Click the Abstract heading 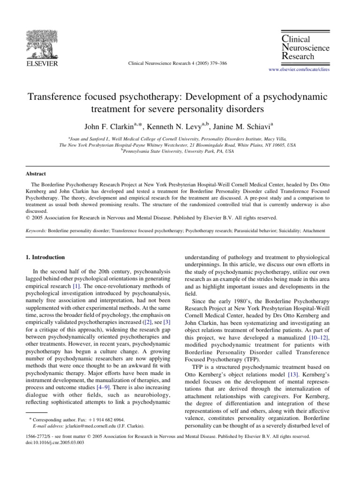pyautogui.click(x=36, y=173)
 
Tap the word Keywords pyautogui.click(x=36, y=232)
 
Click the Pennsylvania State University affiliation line pyautogui.click(x=177, y=152)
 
